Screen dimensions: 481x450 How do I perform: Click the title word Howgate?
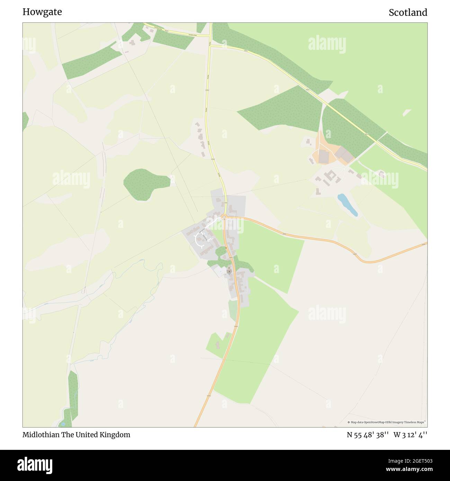pyautogui.click(x=42, y=12)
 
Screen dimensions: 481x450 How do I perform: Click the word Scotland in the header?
pyautogui.click(x=408, y=12)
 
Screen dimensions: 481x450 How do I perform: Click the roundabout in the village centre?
pyautogui.click(x=224, y=217)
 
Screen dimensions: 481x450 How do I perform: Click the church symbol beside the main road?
pyautogui.click(x=229, y=271)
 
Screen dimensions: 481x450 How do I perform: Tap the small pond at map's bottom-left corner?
pyautogui.click(x=63, y=423)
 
